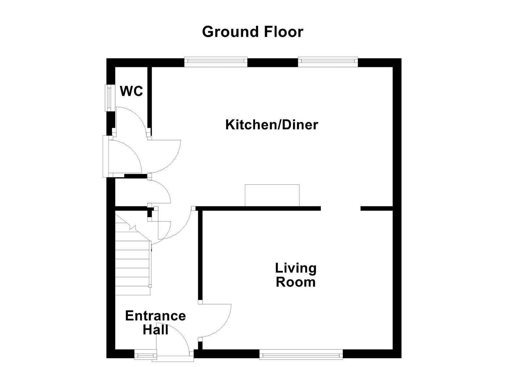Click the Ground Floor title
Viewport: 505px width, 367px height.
click(252, 32)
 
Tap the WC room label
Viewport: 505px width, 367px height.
click(131, 91)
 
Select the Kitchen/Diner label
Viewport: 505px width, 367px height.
click(271, 125)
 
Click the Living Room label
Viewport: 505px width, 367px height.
click(296, 275)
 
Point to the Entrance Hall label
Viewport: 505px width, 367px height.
click(155, 322)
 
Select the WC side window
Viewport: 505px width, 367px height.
click(109, 97)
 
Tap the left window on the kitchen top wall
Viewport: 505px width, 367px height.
click(216, 62)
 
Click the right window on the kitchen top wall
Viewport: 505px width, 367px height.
click(328, 62)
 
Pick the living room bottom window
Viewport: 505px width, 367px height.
click(301, 355)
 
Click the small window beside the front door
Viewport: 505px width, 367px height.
click(146, 355)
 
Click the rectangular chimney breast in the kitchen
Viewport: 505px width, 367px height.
click(272, 195)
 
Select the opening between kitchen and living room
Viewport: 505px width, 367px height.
click(340, 208)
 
